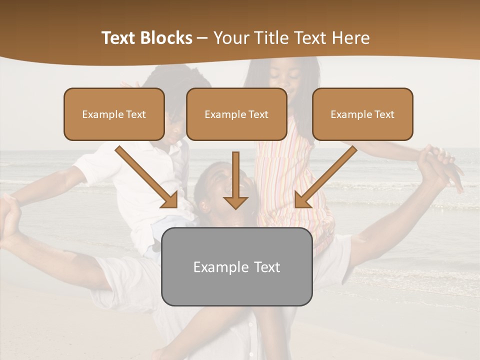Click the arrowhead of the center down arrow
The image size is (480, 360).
235,202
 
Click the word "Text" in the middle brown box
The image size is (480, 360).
258,114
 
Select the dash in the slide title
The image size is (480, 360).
202,38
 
